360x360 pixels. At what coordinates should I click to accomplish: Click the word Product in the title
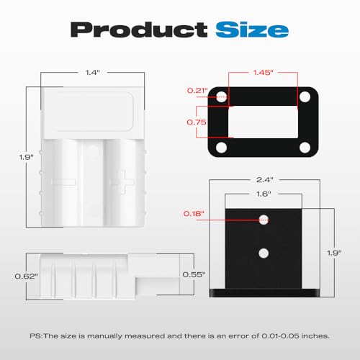tap(139, 30)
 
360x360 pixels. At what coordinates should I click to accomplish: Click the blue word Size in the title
tap(252, 30)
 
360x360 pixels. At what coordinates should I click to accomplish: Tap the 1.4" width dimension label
tap(93, 72)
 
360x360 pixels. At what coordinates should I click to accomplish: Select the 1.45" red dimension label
tap(264, 72)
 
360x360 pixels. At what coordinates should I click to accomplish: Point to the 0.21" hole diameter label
tap(197, 91)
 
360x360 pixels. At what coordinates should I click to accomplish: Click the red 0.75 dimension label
tap(197, 122)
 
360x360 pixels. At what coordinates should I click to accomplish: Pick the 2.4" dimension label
tap(264, 179)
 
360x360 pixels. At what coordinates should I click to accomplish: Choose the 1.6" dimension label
tap(264, 194)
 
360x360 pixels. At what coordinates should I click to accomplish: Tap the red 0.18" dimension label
tap(194, 213)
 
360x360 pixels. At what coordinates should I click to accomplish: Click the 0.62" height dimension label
tap(27, 276)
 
